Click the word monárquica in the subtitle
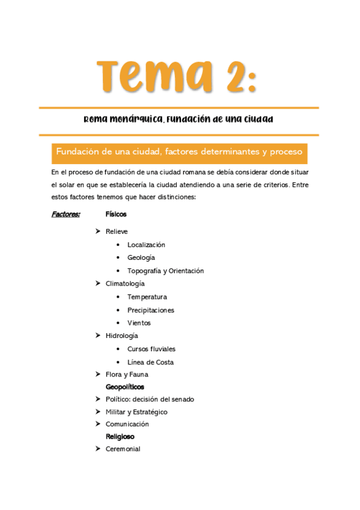pos(135,119)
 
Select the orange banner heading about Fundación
pos(179,152)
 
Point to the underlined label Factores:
pos(66,214)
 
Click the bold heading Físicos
pos(116,214)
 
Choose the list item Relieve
pos(117,232)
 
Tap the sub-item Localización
pos(146,245)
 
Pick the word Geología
pos(141,258)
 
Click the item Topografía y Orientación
pos(165,271)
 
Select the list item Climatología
pos(125,284)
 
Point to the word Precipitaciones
pos(151,310)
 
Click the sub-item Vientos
pos(139,323)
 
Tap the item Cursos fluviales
pos(151,349)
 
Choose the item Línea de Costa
pos(150,362)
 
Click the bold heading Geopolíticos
pos(125,387)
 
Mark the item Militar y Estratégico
pos(136,412)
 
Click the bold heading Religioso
pos(120,437)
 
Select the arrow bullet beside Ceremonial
pos(97,449)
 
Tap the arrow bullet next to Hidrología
pos(97,336)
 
